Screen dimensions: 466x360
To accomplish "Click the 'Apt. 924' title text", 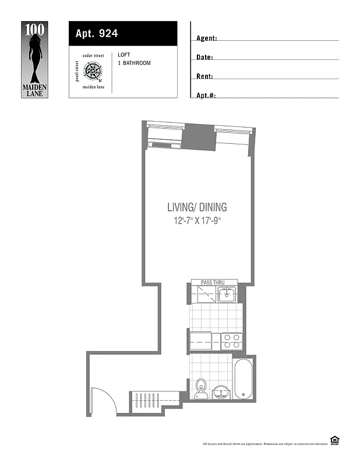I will [x=97, y=33].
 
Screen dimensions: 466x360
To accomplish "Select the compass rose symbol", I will [x=93, y=72].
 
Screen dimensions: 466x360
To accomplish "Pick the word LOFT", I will [x=124, y=55].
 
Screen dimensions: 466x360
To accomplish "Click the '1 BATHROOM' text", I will [x=134, y=63].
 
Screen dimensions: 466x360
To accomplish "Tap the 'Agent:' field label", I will [x=207, y=38].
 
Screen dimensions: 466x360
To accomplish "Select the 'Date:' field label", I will [x=204, y=58].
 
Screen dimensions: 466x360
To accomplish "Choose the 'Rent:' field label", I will [x=204, y=76].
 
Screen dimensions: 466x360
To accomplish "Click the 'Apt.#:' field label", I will [x=206, y=96].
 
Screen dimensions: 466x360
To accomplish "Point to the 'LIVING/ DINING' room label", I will [x=197, y=207].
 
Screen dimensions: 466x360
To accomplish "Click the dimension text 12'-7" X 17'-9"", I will [x=197, y=221].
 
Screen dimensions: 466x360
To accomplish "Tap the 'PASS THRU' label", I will [x=212, y=283].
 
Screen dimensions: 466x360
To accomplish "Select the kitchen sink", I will [x=226, y=295].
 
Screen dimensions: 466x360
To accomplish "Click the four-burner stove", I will [x=232, y=340].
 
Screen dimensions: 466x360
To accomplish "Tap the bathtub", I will [x=243, y=379].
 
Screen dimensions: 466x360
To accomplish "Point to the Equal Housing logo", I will [x=334, y=440].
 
